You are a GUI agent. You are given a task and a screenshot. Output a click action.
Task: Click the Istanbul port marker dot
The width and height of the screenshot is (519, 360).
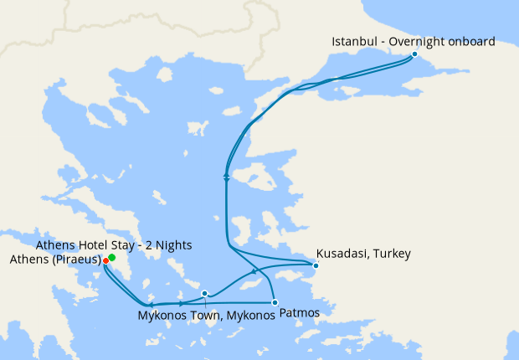(414, 54)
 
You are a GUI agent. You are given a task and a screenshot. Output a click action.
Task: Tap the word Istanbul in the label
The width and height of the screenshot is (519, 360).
(354, 41)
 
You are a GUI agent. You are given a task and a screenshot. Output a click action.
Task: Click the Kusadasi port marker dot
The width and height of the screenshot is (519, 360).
(316, 266)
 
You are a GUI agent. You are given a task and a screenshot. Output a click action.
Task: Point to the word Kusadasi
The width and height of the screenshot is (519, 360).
(343, 253)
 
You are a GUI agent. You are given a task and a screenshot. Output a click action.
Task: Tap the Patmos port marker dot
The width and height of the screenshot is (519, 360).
(275, 301)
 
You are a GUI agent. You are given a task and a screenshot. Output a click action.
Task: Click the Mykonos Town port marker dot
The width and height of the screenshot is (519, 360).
(205, 293)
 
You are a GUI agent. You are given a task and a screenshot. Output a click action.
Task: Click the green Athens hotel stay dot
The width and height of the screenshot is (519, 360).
(112, 258)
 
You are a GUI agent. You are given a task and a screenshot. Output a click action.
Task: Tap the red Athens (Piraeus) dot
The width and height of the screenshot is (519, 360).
(105, 261)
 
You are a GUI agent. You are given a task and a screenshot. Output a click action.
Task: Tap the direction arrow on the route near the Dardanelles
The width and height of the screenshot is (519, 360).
(227, 177)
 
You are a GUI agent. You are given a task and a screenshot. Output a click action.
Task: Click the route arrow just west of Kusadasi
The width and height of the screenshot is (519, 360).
(254, 273)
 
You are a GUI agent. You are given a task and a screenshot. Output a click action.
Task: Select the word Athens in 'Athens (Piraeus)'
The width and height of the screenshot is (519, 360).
(28, 260)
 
